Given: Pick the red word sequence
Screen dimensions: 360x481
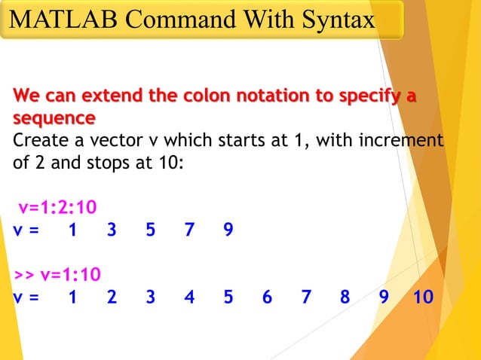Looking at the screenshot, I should pos(54,118).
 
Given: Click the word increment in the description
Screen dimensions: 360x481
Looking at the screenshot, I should pos(400,140).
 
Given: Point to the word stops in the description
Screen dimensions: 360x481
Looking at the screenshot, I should pos(92,161).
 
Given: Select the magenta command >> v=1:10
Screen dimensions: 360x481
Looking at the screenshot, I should pos(57,274).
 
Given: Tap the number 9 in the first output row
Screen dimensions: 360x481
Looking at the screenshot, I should pos(228,230).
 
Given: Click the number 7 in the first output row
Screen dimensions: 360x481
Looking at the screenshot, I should pos(189,230).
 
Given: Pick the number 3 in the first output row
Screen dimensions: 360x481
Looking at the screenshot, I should pos(112,230).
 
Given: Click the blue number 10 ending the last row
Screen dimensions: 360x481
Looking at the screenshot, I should pos(423,297).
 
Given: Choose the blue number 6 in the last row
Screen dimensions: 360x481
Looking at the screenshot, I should pos(267,297).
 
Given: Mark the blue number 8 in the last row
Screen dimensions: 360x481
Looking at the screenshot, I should pos(345,297).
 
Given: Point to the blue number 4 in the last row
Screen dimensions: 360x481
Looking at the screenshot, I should pos(189,297).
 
